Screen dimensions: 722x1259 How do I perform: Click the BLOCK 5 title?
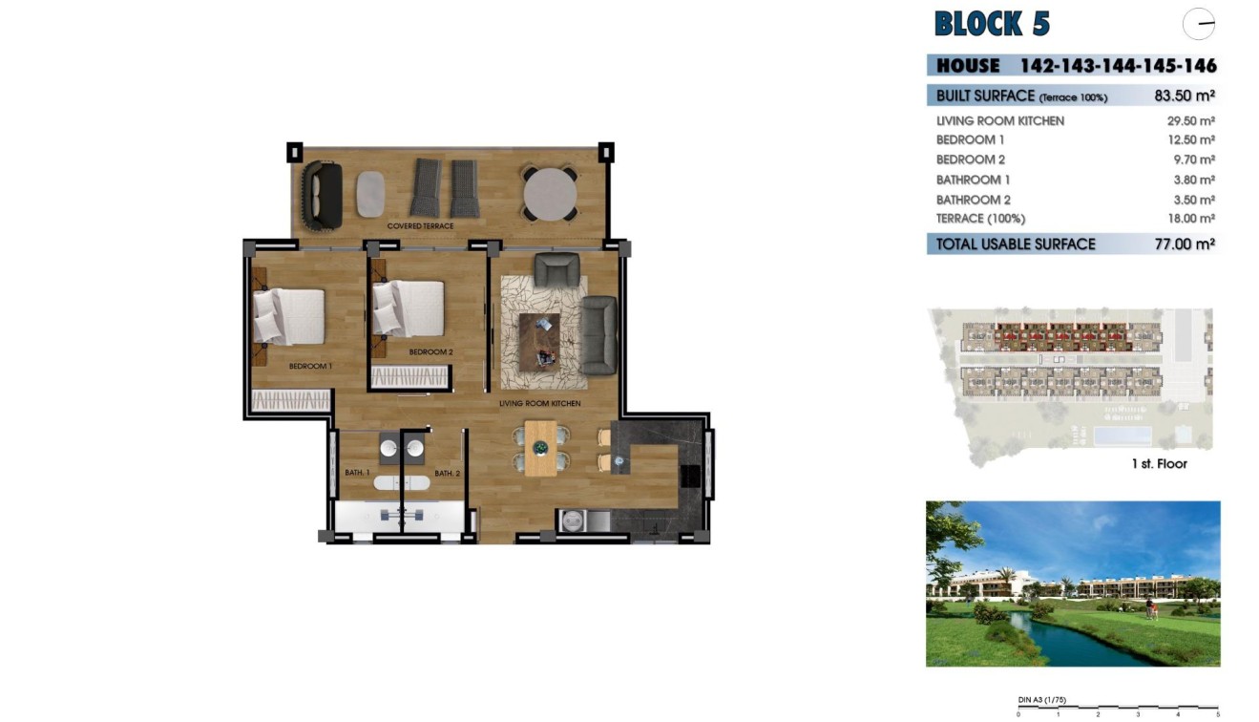click(991, 23)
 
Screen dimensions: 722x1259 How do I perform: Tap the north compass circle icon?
click(1198, 23)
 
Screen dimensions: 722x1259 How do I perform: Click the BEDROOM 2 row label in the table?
click(970, 159)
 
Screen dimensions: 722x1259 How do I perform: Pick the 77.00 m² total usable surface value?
click(1184, 244)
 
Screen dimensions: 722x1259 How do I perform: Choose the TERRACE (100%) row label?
click(980, 219)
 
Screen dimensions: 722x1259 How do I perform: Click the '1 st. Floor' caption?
click(1158, 464)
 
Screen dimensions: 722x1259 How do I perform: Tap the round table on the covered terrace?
click(550, 195)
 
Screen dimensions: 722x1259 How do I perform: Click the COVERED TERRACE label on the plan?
click(420, 226)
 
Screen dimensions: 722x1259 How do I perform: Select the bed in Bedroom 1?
click(288, 316)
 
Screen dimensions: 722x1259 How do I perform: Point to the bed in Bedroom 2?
click(409, 308)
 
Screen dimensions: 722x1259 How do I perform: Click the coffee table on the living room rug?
click(539, 338)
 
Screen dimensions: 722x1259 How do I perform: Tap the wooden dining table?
click(540, 448)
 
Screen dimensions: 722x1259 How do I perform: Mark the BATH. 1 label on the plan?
click(357, 473)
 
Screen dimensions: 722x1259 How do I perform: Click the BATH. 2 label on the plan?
click(447, 473)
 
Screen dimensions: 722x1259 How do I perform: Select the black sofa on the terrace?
click(322, 195)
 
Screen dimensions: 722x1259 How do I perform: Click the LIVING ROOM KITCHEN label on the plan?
click(539, 404)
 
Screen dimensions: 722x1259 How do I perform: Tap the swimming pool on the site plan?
click(1120, 436)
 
